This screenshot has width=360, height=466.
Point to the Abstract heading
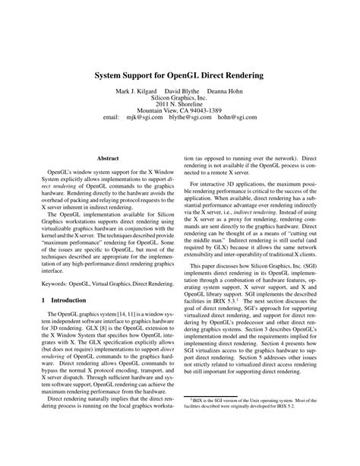(x=108, y=158)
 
